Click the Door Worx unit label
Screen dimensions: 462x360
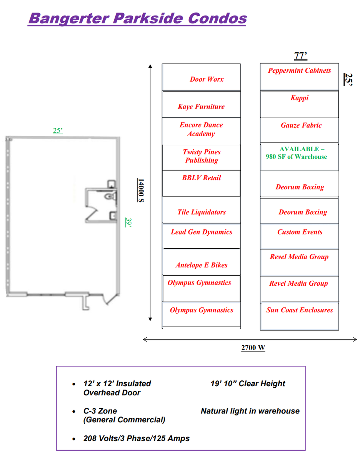207,79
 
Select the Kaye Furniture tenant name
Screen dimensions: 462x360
201,107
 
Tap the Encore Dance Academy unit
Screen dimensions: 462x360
201,129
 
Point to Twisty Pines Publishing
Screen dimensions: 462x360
202,156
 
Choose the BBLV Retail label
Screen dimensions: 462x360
202,178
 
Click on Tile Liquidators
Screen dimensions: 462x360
202,212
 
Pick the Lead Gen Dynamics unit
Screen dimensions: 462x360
202,232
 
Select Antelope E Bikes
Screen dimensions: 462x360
202,265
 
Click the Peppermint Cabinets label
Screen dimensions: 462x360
300,70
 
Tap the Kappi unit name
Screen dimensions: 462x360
300,98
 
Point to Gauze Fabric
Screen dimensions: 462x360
301,125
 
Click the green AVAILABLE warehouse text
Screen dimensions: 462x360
297,153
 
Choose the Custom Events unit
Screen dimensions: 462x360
300,232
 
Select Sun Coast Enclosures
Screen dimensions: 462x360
300,310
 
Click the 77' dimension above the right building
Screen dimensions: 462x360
301,56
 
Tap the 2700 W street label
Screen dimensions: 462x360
253,348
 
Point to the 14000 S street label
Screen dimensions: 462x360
141,190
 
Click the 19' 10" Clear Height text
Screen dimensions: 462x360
248,383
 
